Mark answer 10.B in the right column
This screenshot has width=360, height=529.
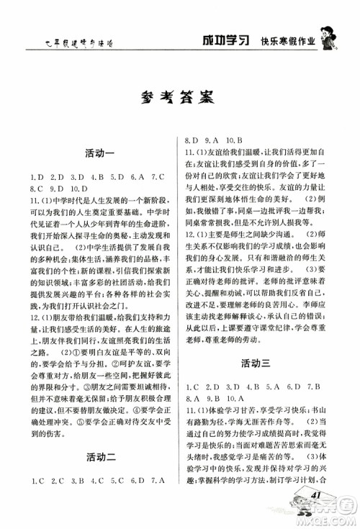(x=235, y=142)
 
